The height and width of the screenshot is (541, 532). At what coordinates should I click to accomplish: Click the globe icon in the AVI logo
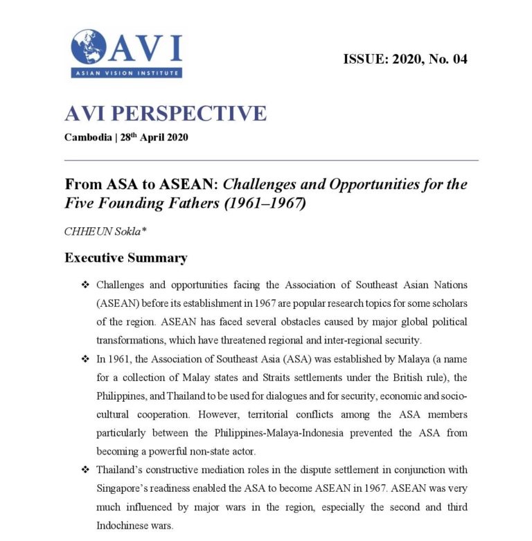coord(88,46)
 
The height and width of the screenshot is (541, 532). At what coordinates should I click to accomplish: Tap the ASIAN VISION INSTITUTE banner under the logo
coord(126,73)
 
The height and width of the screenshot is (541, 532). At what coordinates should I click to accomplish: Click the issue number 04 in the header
coord(459,59)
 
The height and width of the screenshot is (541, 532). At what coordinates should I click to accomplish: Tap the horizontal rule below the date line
coord(271,161)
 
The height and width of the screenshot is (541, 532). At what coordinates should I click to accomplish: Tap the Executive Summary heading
coord(125,258)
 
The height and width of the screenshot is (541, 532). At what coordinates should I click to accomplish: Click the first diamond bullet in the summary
coord(85,285)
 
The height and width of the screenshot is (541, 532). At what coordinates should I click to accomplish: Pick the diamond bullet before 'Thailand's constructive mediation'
coord(85,470)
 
